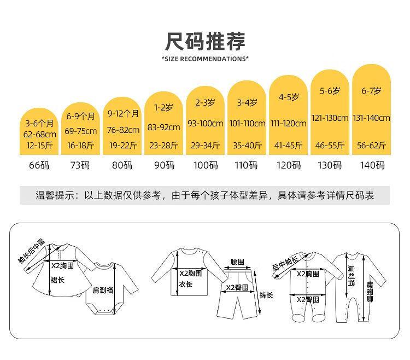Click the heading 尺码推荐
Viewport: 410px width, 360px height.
(x=205, y=42)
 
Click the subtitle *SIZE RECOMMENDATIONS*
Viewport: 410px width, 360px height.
(x=205, y=59)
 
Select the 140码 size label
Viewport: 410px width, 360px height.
(x=372, y=165)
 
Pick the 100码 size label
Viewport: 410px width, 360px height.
(x=205, y=165)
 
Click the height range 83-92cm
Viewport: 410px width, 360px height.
(x=165, y=127)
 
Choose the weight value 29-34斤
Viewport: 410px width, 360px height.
(x=205, y=145)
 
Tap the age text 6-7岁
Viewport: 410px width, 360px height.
(x=372, y=91)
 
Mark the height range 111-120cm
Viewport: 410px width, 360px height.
(x=288, y=123)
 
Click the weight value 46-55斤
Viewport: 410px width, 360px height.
(x=330, y=145)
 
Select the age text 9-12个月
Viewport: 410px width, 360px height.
(x=123, y=114)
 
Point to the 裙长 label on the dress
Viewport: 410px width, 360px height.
(x=58, y=280)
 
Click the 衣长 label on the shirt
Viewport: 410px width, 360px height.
(x=187, y=284)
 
